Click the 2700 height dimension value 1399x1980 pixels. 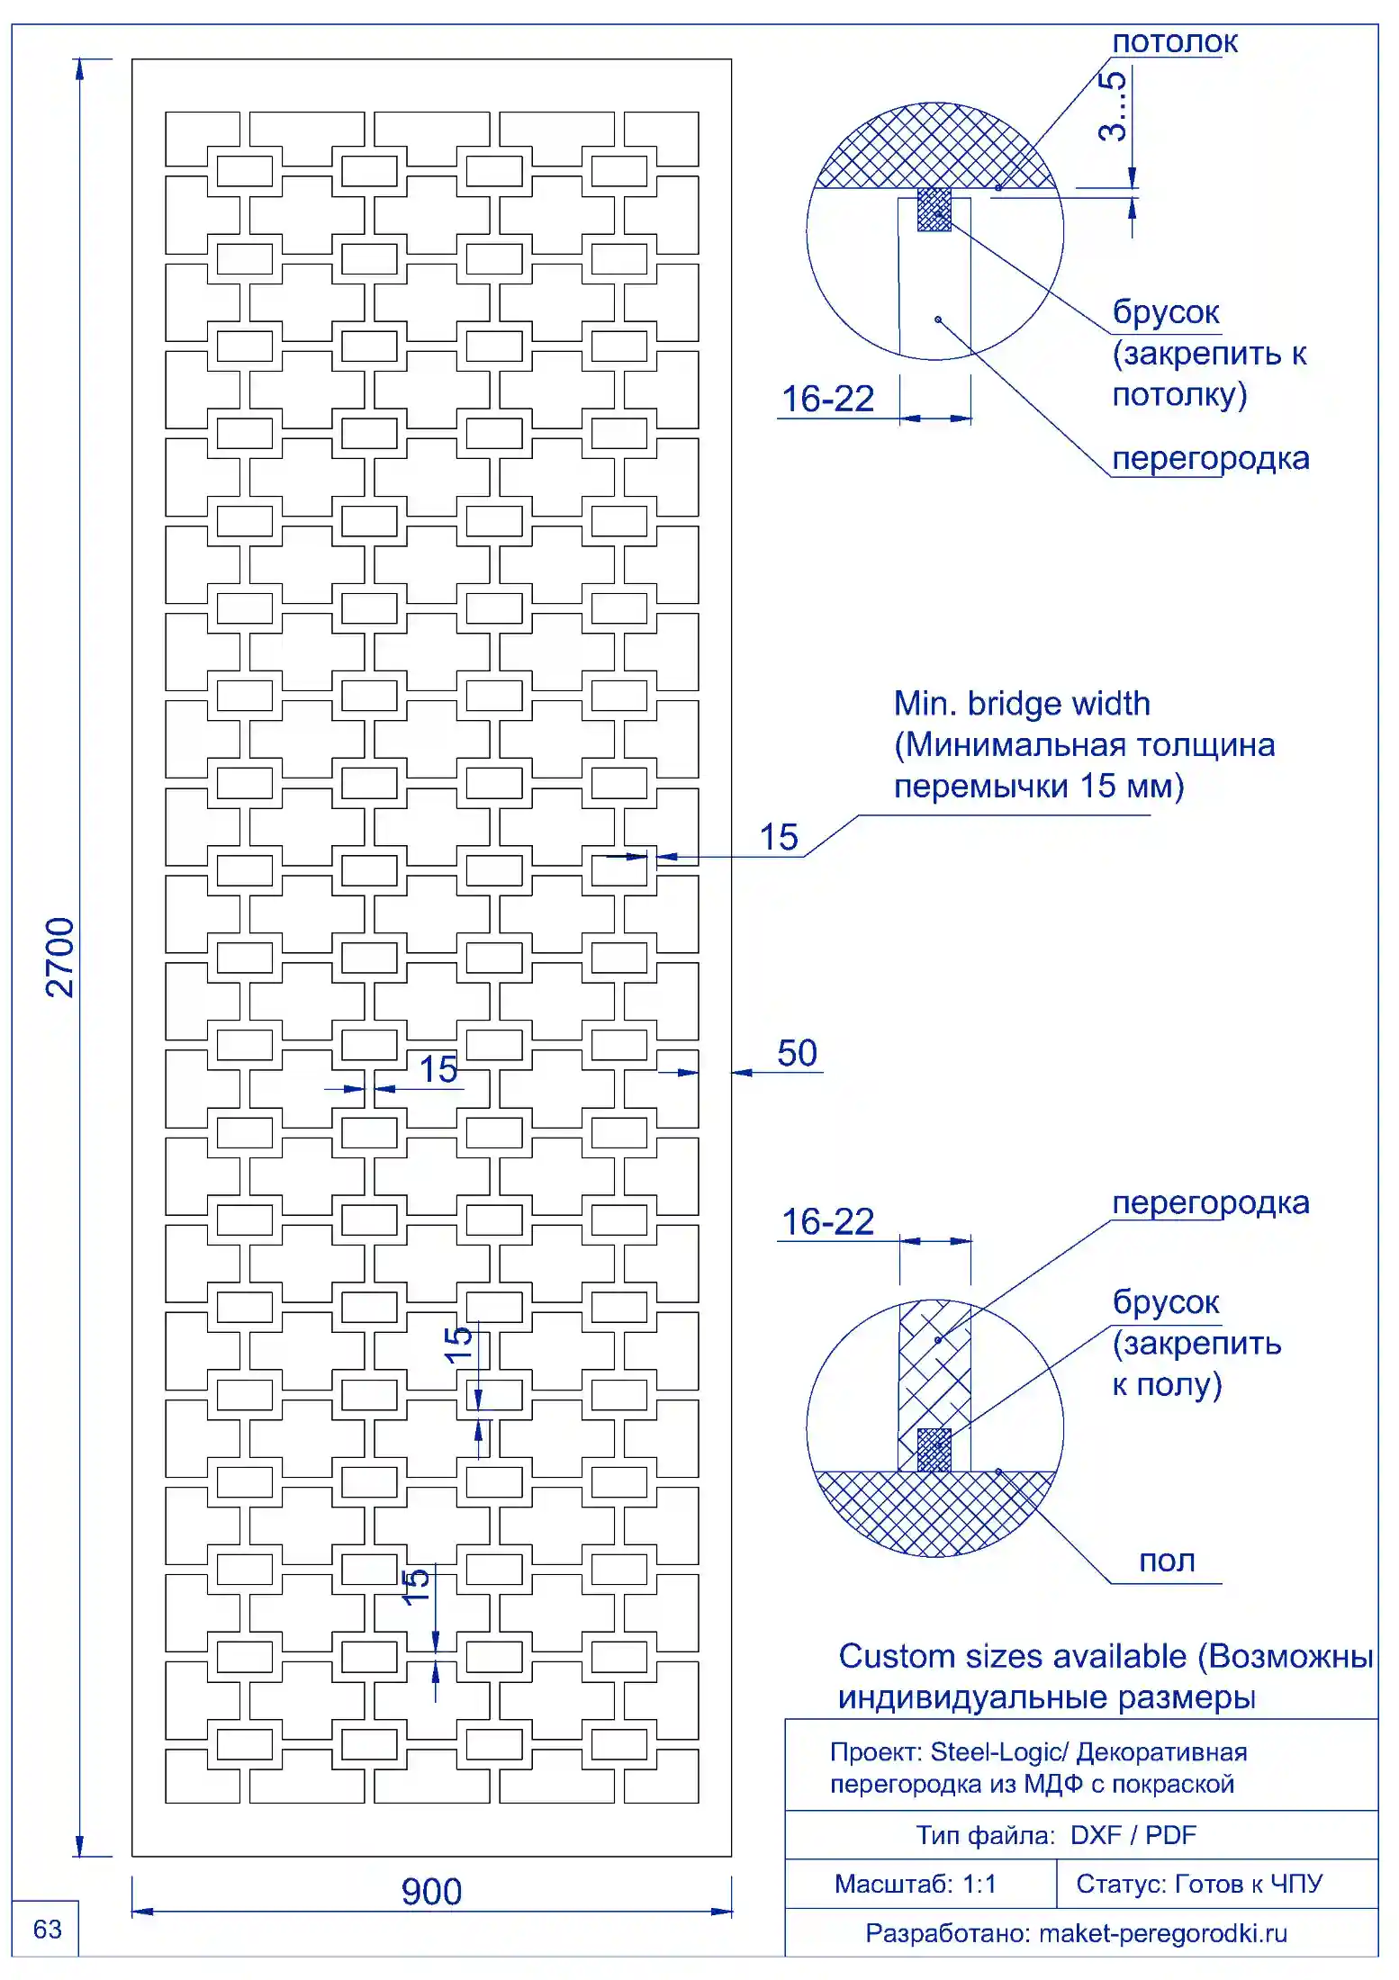coord(60,958)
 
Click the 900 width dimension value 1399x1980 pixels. coord(431,1892)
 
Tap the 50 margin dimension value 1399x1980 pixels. coord(797,1053)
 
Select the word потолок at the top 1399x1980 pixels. coord(1175,41)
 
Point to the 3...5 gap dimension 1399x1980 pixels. coord(1113,106)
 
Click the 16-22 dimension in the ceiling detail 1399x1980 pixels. coord(827,399)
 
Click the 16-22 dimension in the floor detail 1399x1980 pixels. coord(827,1221)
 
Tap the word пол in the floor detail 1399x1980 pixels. coord(1167,1561)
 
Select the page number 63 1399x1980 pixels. coord(47,1929)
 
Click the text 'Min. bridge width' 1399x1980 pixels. coord(1022,704)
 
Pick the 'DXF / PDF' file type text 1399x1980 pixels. coord(1133,1835)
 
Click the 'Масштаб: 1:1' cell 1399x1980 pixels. coord(916,1884)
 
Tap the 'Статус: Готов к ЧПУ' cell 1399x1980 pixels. coord(1199,1884)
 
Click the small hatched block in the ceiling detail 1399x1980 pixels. coord(934,210)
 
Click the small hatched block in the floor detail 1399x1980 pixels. coord(934,1450)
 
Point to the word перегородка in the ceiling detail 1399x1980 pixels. coord(1211,458)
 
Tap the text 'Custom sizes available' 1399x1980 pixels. coord(1013,1656)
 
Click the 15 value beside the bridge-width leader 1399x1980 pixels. coord(779,837)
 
